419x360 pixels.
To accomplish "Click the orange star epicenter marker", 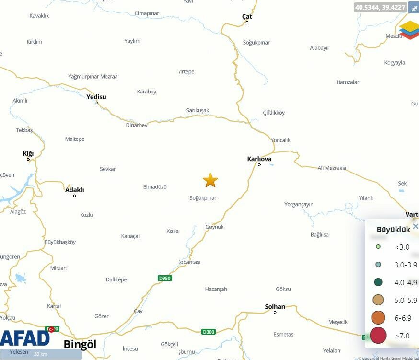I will click(x=210, y=180).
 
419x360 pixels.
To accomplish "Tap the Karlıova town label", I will click(x=259, y=159).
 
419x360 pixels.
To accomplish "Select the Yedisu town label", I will click(x=96, y=97).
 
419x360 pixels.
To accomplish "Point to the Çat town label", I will click(x=247, y=17).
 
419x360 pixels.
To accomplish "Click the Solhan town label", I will click(x=275, y=307).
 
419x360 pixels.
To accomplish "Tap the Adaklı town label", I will click(x=74, y=190).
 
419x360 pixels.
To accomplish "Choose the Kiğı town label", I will click(x=28, y=154).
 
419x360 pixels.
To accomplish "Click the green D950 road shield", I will click(x=165, y=278).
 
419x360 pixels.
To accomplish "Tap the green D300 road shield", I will click(x=209, y=332).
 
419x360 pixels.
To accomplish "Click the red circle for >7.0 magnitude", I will click(x=378, y=335).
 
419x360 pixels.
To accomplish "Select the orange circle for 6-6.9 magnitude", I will click(x=378, y=317).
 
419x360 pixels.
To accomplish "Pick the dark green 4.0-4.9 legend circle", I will click(x=378, y=282).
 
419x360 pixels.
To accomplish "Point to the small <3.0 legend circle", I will click(x=378, y=247).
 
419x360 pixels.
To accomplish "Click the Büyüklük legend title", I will click(x=393, y=230).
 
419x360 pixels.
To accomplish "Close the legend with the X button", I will click(x=415, y=226).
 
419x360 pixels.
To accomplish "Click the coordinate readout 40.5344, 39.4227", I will click(x=381, y=7).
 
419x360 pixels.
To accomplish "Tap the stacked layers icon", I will click(x=409, y=30).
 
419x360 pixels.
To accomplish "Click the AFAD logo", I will click(x=25, y=338).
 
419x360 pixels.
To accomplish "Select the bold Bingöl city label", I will click(x=80, y=344).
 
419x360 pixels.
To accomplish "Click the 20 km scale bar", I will click(x=40, y=354).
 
